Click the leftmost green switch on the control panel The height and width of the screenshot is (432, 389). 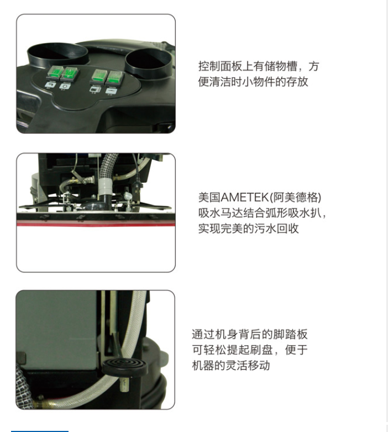click(x=55, y=72)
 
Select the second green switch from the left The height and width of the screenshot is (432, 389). click(x=71, y=73)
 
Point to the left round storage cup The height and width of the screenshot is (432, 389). click(x=58, y=55)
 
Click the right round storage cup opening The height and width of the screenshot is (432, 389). click(x=149, y=61)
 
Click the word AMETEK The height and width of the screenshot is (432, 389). click(x=245, y=197)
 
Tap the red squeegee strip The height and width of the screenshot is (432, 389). click(x=96, y=224)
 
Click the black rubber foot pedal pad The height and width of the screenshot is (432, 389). click(x=124, y=365)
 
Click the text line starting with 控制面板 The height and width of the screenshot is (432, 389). click(x=259, y=66)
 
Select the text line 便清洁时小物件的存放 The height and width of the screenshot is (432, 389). click(x=253, y=82)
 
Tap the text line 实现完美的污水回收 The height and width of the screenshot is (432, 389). click(x=249, y=228)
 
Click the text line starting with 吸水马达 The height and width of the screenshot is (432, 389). click(x=262, y=213)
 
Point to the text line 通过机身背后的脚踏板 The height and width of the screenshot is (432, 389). click(x=250, y=334)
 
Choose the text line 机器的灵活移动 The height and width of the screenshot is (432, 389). click(x=231, y=365)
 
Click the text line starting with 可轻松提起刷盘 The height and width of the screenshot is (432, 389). click(x=250, y=350)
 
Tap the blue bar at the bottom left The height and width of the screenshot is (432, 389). click(x=40, y=431)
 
